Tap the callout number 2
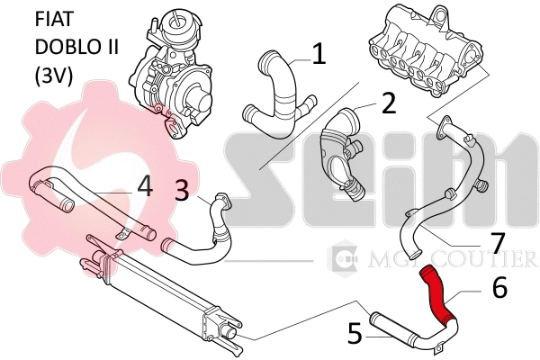388,103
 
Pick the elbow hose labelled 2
340,153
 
